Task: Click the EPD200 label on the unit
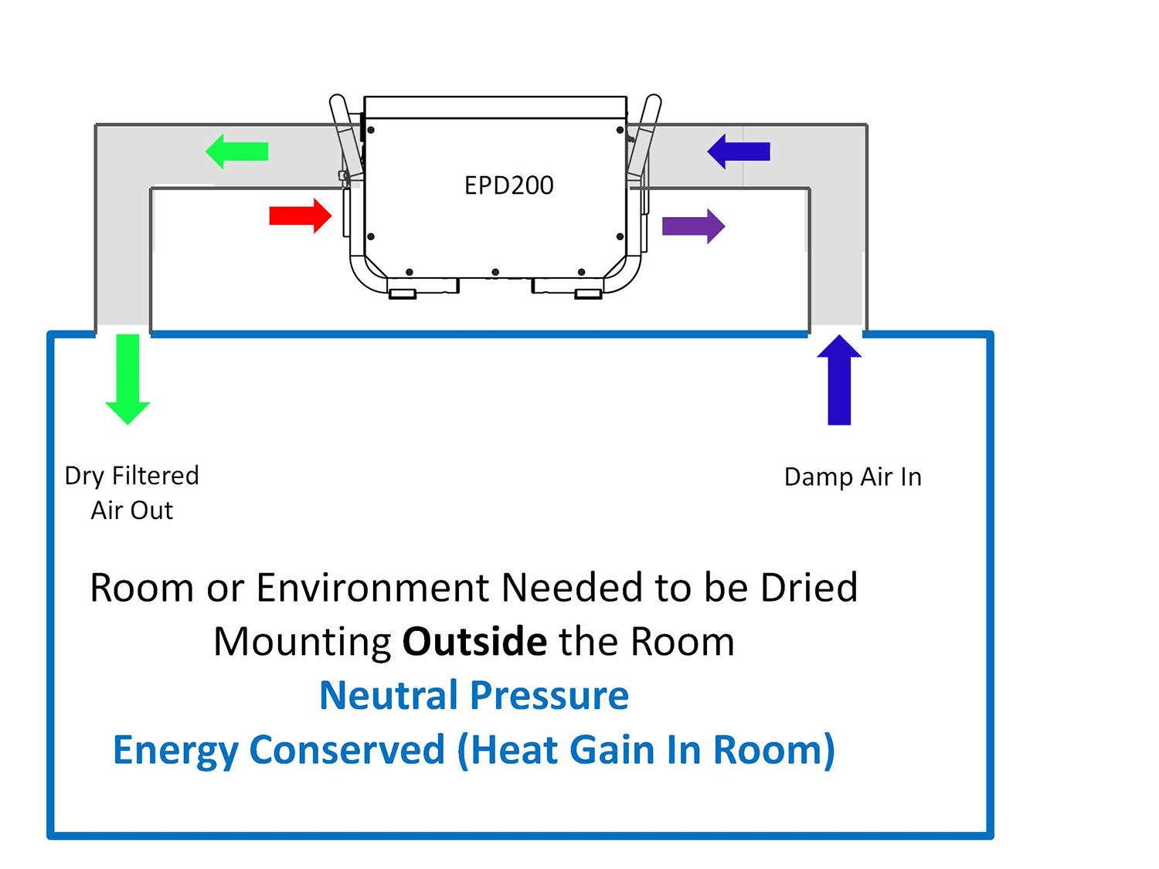pos(508,185)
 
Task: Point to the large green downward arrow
pos(127,378)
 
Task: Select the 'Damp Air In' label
pos(852,477)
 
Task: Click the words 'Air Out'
pos(131,511)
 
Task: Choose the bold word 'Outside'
pos(474,642)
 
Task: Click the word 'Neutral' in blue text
pos(389,695)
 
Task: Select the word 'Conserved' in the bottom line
pos(347,750)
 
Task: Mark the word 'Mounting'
pos(302,642)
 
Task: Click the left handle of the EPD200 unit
pos(345,135)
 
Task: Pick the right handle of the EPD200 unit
pos(644,135)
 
